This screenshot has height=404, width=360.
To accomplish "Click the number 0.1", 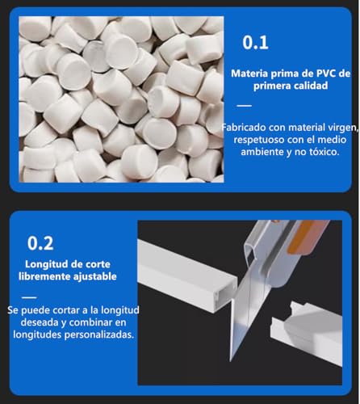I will click(257, 42).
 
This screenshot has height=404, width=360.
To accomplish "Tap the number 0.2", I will click(41, 242).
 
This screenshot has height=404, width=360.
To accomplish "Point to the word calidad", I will click(308, 86).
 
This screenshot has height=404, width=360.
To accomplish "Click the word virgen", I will click(336, 126).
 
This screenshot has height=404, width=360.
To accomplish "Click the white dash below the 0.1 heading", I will click(244, 105).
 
